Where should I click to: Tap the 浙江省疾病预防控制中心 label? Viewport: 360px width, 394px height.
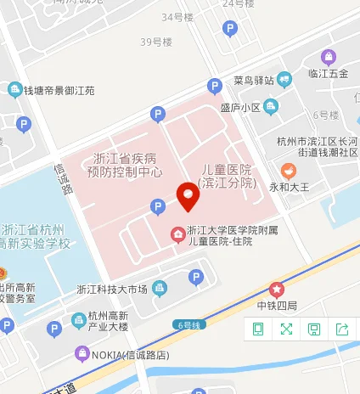[126, 165]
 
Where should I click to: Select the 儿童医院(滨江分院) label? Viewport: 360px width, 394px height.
[226, 176]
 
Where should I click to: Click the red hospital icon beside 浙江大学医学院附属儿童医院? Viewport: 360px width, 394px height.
[177, 234]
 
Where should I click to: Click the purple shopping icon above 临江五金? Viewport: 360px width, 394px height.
[328, 58]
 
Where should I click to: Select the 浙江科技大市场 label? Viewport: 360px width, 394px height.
[112, 289]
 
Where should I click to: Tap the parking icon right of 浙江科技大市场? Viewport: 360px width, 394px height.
[196, 277]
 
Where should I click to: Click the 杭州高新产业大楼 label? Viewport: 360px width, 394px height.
[108, 321]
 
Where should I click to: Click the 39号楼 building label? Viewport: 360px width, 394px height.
[156, 41]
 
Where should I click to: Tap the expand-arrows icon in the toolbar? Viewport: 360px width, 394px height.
[286, 329]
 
